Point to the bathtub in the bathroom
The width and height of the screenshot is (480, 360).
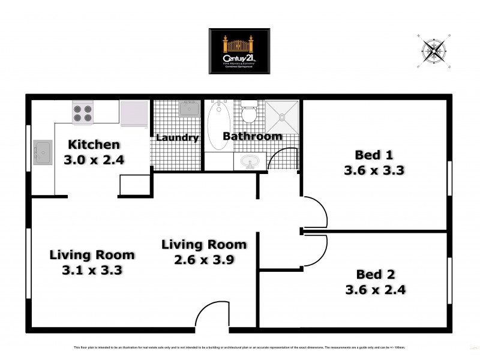click(x=214, y=126)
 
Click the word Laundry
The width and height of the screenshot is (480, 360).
click(x=177, y=137)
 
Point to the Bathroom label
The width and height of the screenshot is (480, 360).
click(x=252, y=136)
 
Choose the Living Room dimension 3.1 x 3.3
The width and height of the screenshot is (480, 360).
click(x=92, y=270)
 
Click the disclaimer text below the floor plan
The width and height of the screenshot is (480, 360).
click(x=240, y=347)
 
